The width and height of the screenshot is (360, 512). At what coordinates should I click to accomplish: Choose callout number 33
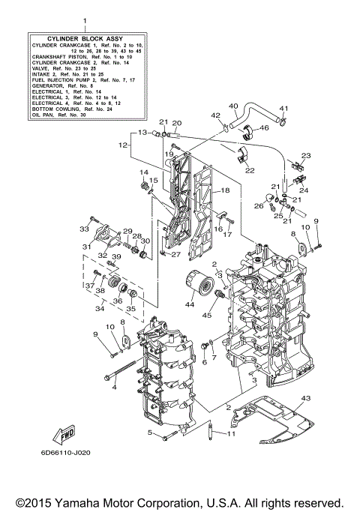click(x=85, y=229)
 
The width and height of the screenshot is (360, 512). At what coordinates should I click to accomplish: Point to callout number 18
click(x=223, y=192)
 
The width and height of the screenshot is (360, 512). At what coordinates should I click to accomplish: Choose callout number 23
click(x=305, y=156)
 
